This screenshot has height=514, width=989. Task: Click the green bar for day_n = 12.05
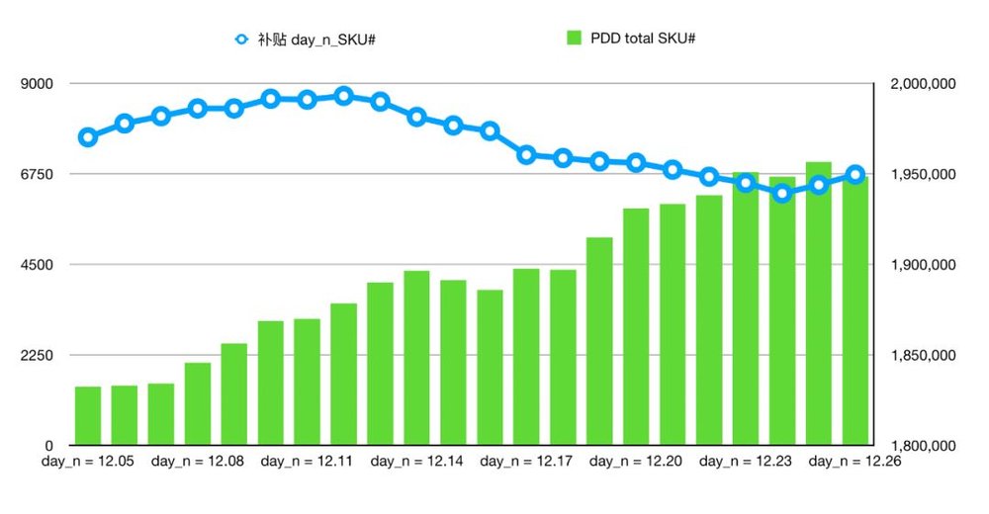(x=88, y=415)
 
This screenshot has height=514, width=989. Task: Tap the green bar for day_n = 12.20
(x=636, y=326)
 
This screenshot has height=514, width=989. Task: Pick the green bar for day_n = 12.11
(x=307, y=382)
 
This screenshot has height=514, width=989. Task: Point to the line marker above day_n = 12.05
(x=88, y=137)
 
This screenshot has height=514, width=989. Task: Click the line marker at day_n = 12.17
(x=526, y=154)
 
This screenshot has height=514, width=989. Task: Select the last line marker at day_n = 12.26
(x=855, y=175)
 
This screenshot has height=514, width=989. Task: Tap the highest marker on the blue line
(x=343, y=96)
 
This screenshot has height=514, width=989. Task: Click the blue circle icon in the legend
(x=242, y=40)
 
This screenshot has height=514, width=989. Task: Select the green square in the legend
(x=574, y=39)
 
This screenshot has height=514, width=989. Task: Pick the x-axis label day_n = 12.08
(x=198, y=461)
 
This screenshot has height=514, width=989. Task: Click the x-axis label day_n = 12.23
(x=746, y=461)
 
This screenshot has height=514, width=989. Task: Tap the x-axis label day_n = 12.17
(x=526, y=461)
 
